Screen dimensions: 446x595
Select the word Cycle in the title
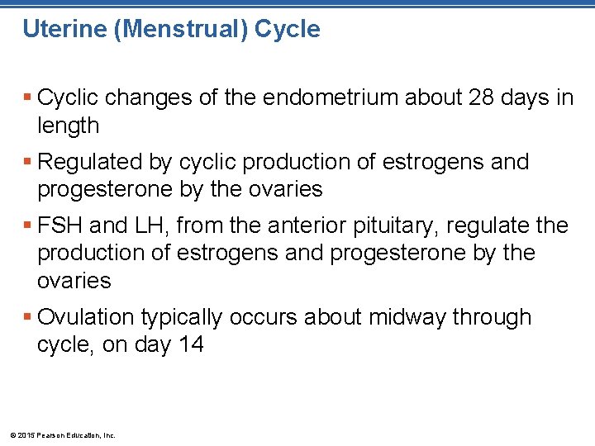pyautogui.click(x=287, y=30)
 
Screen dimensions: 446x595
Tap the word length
pyautogui.click(x=68, y=126)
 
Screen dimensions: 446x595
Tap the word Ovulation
pyautogui.click(x=89, y=317)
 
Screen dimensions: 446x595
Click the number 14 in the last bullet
pyautogui.click(x=190, y=344)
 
